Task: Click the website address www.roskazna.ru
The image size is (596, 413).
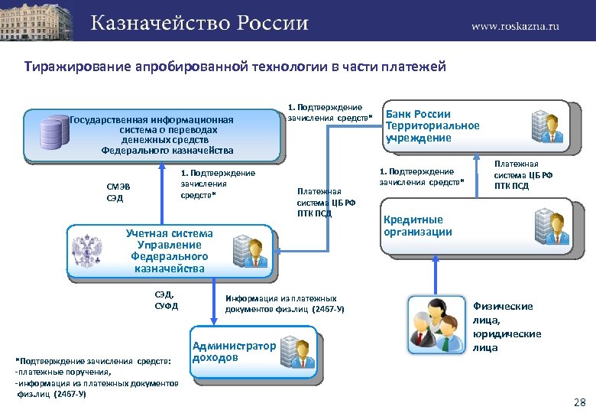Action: click(515, 25)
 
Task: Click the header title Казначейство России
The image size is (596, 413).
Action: click(200, 23)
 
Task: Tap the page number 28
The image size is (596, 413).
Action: click(578, 402)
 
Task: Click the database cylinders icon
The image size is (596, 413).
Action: click(53, 132)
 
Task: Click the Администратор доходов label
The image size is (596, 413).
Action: click(234, 351)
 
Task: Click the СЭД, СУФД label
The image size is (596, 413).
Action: click(165, 301)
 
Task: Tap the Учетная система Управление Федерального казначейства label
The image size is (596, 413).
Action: click(170, 250)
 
